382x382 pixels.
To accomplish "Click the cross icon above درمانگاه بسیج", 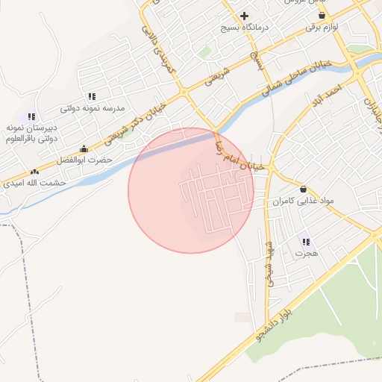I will click(244, 16).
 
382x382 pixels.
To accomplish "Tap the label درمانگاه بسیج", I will click(244, 28).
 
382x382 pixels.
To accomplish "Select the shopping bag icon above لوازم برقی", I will click(322, 15).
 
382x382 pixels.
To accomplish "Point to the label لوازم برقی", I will click(322, 27).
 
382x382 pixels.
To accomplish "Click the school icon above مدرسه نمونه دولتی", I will click(92, 96).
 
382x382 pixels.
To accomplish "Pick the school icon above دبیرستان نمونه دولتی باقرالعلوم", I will click(31, 116).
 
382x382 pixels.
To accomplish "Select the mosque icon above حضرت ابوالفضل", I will click(84, 148).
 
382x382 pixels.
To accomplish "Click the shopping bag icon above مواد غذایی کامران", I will click(304, 189).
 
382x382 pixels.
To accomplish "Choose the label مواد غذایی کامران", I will click(304, 201).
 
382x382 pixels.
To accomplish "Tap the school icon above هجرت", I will click(306, 242).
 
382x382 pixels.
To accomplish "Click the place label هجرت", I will click(306, 254).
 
